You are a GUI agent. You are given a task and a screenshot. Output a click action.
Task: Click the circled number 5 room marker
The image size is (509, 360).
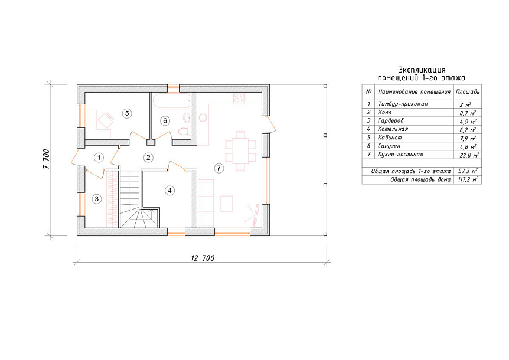point(127,113)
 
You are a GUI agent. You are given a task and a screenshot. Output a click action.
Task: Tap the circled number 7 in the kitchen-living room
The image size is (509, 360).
point(219,168)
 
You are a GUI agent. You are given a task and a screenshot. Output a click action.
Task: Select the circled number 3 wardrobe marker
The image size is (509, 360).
point(97,198)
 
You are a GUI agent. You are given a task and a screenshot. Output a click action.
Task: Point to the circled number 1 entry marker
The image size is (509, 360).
point(99,158)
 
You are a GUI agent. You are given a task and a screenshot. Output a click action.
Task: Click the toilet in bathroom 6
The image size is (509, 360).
point(184,132)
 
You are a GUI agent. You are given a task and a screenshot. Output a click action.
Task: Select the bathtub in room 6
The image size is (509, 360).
point(171,101)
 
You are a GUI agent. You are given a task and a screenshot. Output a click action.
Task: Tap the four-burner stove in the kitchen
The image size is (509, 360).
point(239,99)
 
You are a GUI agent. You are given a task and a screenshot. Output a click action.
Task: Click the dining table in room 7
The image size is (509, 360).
point(240,151)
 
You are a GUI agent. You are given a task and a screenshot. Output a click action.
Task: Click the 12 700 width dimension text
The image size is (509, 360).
point(203,258)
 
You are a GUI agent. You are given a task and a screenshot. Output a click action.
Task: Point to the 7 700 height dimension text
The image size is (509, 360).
point(45,159)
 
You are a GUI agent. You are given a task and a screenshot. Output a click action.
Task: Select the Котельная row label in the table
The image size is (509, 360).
point(393,129)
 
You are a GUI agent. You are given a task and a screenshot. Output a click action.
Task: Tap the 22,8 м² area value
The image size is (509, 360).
point(469,155)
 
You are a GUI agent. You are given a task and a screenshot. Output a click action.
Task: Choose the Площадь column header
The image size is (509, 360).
point(468,92)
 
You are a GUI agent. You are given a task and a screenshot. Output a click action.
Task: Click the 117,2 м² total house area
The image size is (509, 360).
point(468,179)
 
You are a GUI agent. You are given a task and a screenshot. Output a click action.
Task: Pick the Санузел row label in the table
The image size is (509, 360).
point(389,146)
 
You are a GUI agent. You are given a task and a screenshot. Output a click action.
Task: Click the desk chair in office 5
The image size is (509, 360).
point(106,120)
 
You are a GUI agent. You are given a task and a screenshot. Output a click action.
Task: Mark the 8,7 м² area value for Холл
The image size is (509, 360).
point(468,113)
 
